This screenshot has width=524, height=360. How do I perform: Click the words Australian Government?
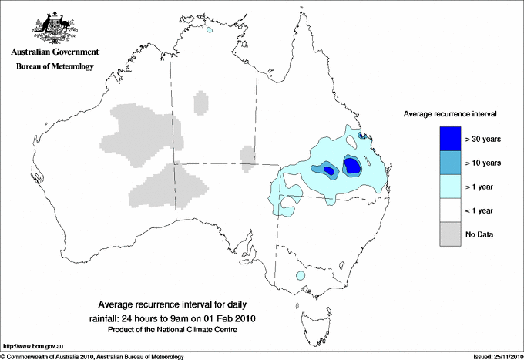[54, 52]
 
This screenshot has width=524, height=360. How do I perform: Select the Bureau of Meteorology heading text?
[54, 67]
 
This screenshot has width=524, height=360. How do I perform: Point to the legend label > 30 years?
[483, 140]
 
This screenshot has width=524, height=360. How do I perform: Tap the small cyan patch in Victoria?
[301, 275]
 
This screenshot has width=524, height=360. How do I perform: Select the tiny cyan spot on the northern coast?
[209, 32]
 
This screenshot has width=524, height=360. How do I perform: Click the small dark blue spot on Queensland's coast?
[362, 135]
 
